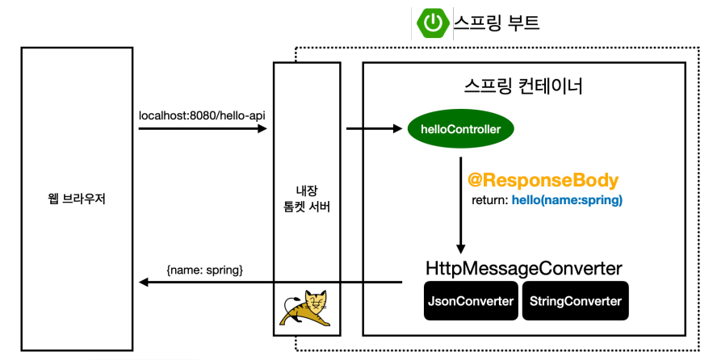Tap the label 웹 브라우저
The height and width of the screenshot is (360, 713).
point(77,198)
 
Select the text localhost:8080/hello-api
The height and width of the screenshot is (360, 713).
point(202,116)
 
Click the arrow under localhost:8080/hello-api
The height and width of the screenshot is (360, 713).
point(202,128)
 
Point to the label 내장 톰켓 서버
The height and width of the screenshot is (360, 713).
point(303,199)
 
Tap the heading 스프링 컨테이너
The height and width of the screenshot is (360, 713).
point(523,86)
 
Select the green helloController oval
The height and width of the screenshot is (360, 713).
point(460,129)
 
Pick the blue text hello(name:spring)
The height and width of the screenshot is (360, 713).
point(567,199)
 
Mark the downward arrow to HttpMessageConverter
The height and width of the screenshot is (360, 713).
point(460,210)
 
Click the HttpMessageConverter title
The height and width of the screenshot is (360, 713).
point(523,268)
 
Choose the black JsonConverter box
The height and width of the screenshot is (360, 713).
point(470,301)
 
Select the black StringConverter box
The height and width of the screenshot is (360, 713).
point(575,301)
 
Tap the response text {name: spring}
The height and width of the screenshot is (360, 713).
point(204,267)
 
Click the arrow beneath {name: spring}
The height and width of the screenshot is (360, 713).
point(271,283)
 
